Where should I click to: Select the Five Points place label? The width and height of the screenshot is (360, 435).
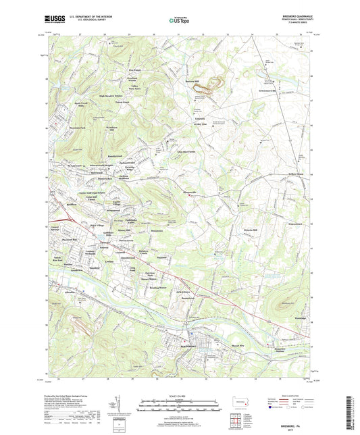tap(135, 70)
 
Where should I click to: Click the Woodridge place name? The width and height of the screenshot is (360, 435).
tap(298, 317)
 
